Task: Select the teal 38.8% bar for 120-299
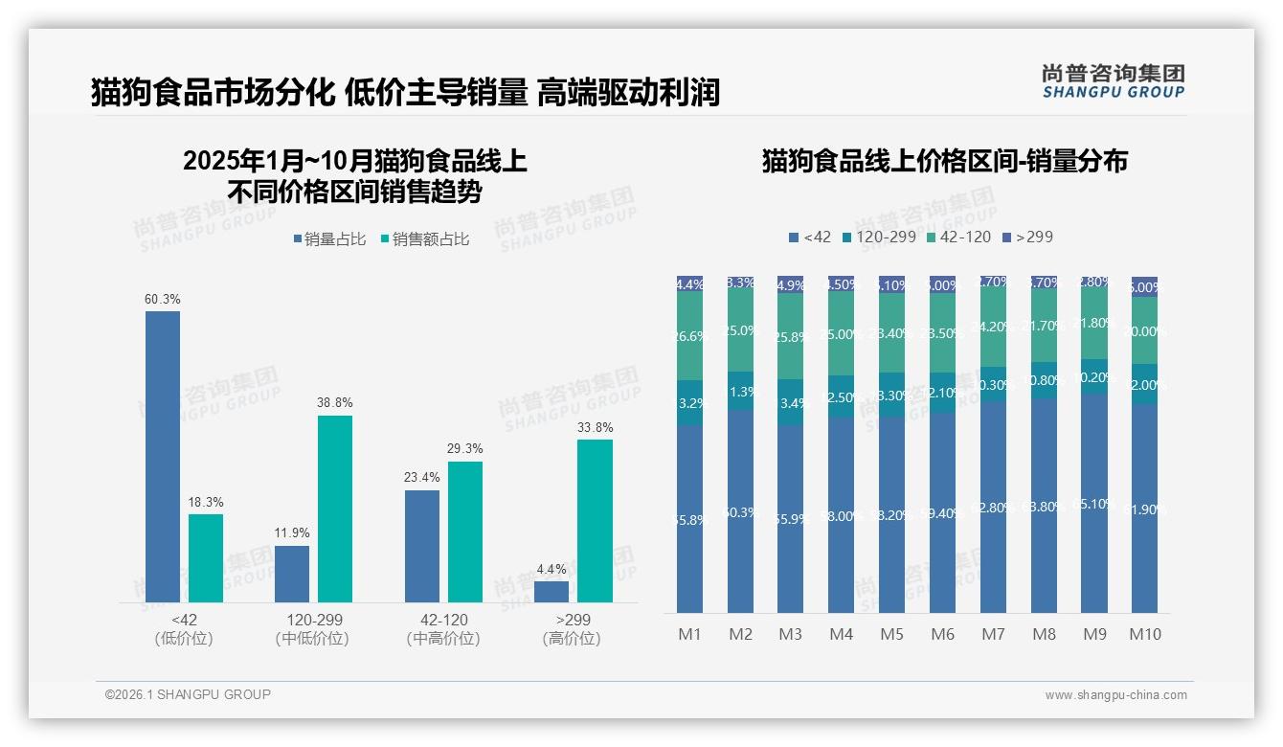tap(335, 509)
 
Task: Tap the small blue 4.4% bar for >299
tap(551, 592)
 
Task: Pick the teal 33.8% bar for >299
tap(595, 521)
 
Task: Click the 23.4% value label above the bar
tap(422, 477)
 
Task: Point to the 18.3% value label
tap(206, 502)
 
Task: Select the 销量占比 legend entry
tap(330, 239)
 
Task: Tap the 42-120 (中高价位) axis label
tap(443, 629)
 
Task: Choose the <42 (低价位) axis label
tap(184, 629)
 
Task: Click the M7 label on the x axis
tap(993, 634)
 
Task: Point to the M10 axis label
tap(1144, 634)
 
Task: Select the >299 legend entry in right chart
tap(1027, 237)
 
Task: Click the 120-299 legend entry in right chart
tap(878, 237)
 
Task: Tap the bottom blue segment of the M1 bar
tap(689, 518)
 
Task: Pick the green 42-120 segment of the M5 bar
tap(891, 332)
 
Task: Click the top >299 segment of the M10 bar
tap(1144, 286)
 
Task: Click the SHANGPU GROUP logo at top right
tap(1113, 81)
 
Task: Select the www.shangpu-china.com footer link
tap(1115, 695)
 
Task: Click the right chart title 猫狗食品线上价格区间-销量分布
tap(944, 161)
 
